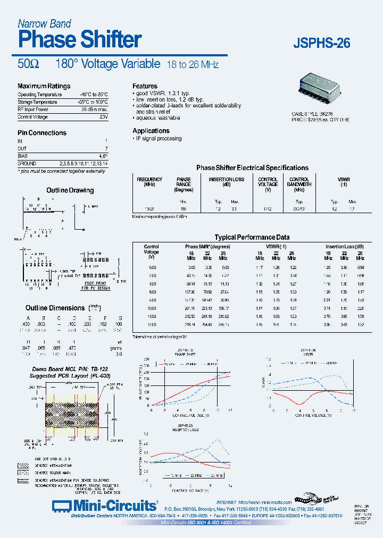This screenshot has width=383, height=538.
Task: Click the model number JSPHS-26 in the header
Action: (x=322, y=44)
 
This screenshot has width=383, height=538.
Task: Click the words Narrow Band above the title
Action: (x=44, y=23)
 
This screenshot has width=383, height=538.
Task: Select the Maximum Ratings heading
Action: (x=44, y=86)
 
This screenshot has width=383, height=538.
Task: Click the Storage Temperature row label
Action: (x=37, y=102)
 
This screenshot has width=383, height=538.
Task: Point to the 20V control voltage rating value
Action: (x=103, y=116)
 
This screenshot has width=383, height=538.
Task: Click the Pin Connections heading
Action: (x=42, y=133)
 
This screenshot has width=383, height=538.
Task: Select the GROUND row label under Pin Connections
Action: (x=27, y=164)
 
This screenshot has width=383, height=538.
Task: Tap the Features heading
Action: (x=145, y=86)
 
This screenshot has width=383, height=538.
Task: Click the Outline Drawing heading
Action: (x=70, y=190)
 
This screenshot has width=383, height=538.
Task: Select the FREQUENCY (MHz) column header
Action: (x=149, y=182)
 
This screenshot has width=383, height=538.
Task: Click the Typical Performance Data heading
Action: (x=252, y=238)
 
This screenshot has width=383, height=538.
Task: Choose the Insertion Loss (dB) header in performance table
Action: (x=345, y=247)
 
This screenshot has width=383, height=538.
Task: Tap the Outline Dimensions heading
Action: (x=55, y=308)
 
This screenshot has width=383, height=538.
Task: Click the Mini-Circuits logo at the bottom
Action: (x=105, y=505)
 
